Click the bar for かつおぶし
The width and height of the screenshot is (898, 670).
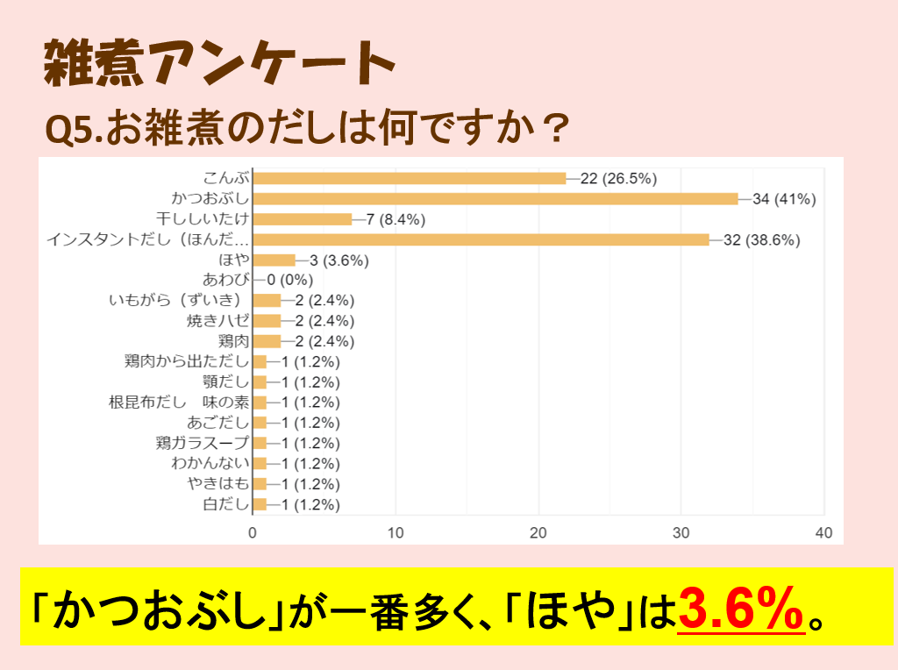(495, 199)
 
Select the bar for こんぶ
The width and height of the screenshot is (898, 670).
(410, 179)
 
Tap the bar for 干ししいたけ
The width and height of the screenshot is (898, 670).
(303, 219)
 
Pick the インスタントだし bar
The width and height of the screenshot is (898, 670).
(481, 239)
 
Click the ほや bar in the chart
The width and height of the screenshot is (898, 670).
(274, 260)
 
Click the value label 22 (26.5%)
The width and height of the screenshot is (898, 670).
(618, 179)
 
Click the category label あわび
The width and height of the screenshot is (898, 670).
(226, 281)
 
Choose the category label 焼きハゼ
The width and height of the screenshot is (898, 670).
(218, 321)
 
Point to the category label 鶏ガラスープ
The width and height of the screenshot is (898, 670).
(203, 443)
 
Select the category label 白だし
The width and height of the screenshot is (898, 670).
(226, 504)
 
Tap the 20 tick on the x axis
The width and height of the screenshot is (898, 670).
(538, 532)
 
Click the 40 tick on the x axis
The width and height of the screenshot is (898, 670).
(823, 532)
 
